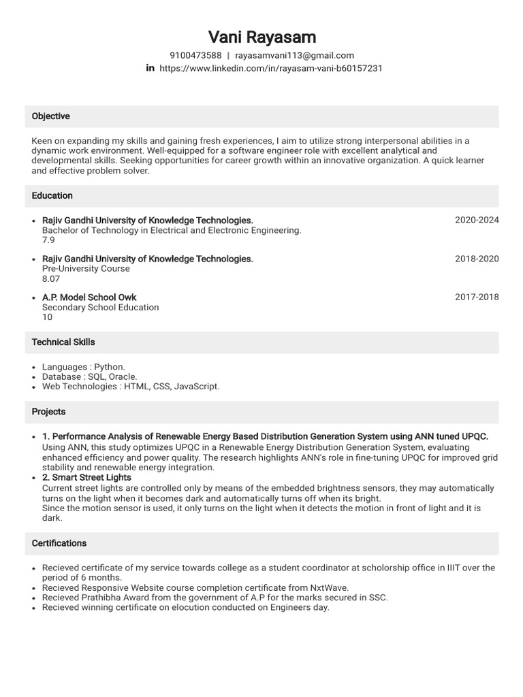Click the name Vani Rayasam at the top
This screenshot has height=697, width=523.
(261, 37)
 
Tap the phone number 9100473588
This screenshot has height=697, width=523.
(195, 55)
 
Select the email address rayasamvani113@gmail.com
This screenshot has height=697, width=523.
(294, 55)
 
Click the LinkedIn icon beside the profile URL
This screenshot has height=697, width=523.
(150, 68)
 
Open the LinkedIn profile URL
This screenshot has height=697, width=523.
(270, 68)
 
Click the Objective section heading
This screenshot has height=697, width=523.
(50, 116)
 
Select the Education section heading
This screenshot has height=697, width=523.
(52, 195)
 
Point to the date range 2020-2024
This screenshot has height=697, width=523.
(477, 220)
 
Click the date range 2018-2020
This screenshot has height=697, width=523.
(477, 259)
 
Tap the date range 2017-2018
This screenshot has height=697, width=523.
(477, 297)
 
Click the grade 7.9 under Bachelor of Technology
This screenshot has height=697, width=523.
(48, 240)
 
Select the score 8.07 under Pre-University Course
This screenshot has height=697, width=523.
(51, 278)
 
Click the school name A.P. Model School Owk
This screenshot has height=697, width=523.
(89, 297)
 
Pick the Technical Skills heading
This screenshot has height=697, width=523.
(63, 342)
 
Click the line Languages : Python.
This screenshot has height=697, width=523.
(84, 367)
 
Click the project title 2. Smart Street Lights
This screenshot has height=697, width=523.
(86, 477)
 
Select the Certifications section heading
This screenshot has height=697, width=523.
(59, 543)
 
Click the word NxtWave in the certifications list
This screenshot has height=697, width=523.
(328, 587)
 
